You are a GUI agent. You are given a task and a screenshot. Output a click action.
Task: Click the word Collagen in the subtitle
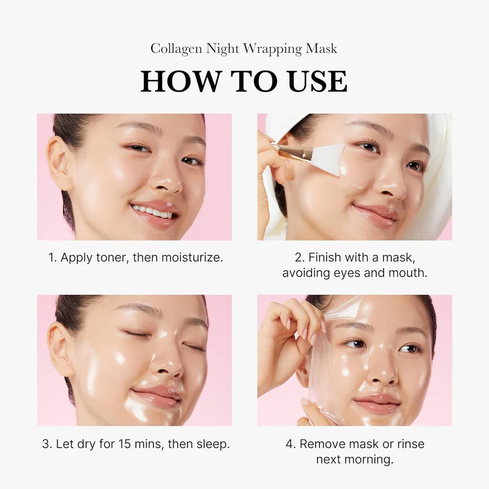[177, 49]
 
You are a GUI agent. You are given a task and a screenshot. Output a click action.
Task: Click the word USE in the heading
[315, 81]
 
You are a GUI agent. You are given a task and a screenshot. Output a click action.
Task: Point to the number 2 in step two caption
[298, 258]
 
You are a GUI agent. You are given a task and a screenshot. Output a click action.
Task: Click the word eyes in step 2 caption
[348, 273]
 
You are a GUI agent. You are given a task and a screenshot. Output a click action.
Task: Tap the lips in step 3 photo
[158, 396]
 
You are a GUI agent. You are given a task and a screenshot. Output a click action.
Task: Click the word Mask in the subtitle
[321, 49]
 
